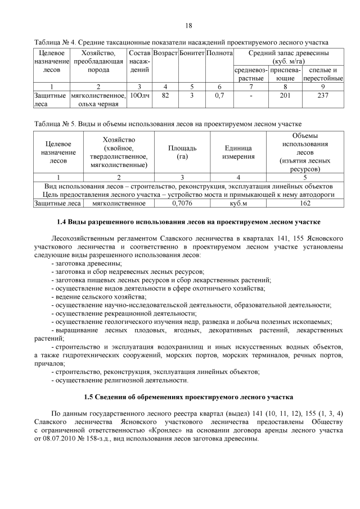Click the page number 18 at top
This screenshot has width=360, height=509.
click(188, 26)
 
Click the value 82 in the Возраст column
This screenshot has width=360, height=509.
click(165, 96)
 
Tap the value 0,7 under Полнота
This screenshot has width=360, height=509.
click(219, 96)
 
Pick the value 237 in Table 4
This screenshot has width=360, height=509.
click(323, 96)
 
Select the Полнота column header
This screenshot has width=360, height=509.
click(219, 53)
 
